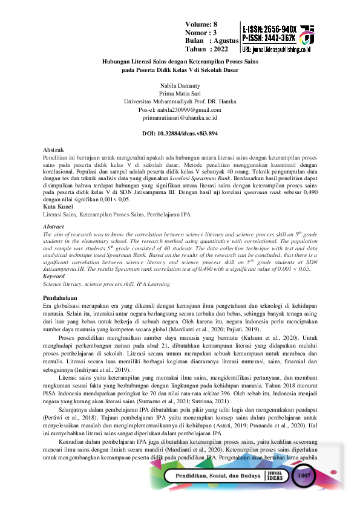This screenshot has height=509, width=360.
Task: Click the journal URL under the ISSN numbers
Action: click(x=276, y=47)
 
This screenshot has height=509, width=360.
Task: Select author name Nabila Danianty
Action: click(x=180, y=86)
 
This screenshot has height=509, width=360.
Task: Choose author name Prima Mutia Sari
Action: click(x=180, y=94)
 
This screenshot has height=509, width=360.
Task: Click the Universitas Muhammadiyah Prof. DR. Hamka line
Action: click(x=180, y=102)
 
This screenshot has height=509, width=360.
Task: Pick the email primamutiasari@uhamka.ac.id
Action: click(x=180, y=118)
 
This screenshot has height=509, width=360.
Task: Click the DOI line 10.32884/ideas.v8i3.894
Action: click(x=180, y=132)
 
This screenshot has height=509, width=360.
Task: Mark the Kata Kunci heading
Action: click(x=55, y=207)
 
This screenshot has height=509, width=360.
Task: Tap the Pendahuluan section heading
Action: click(x=59, y=299)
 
